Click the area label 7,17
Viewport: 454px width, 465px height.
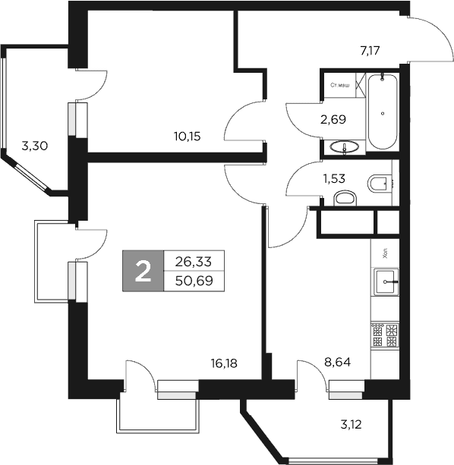pyautogui.click(x=370, y=51)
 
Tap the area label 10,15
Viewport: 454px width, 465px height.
pyautogui.click(x=187, y=137)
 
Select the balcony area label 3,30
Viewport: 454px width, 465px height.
pyautogui.click(x=35, y=146)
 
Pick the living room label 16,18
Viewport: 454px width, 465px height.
pyautogui.click(x=224, y=363)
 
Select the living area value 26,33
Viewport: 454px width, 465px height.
pyautogui.click(x=194, y=261)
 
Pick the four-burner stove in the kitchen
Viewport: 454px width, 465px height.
pyautogui.click(x=384, y=335)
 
